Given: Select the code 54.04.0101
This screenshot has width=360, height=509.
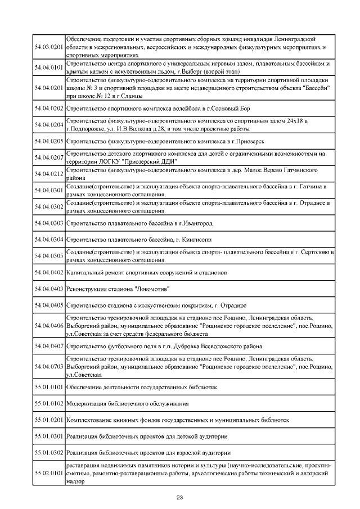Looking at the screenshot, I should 48,68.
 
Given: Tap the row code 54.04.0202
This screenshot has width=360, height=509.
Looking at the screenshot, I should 48,108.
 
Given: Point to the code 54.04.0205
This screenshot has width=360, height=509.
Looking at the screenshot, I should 48,141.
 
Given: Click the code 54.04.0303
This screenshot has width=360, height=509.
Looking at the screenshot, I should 48,223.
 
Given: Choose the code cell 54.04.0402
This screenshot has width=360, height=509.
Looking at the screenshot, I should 48,272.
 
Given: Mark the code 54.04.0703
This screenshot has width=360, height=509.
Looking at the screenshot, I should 48,366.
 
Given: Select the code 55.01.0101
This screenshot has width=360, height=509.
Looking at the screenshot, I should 48,387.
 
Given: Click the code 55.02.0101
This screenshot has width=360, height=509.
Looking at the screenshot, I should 48,474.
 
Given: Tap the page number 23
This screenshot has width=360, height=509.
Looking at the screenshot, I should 180,497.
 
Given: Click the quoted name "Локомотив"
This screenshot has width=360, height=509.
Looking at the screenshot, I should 152,289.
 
